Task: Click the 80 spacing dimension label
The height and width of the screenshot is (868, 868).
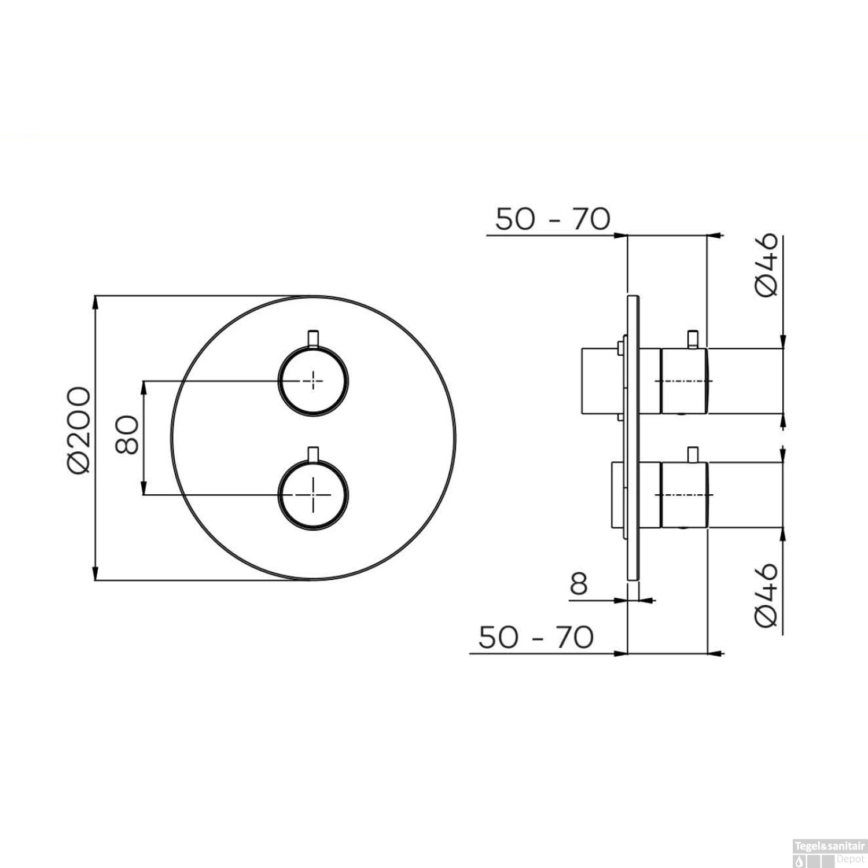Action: click(128, 435)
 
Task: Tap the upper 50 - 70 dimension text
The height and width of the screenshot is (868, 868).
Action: click(553, 220)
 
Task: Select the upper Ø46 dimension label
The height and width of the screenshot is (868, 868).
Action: click(767, 266)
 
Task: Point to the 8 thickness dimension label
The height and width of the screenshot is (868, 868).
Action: click(579, 585)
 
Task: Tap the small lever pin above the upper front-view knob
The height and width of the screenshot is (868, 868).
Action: click(313, 337)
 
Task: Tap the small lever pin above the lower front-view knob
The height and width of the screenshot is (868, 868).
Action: click(313, 454)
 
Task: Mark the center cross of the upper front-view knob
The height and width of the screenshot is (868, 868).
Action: click(313, 381)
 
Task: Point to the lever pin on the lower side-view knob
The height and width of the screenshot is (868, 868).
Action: click(692, 454)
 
